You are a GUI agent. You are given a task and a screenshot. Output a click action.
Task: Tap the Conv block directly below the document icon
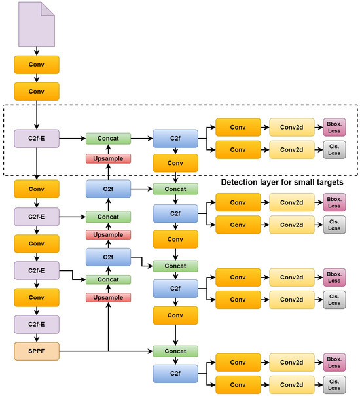(x=36, y=64)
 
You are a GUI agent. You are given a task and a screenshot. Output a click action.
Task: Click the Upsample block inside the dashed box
(x=108, y=159)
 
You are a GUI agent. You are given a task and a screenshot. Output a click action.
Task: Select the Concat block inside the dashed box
(x=108, y=138)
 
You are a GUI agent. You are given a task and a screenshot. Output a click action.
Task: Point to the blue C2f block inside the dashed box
(x=175, y=138)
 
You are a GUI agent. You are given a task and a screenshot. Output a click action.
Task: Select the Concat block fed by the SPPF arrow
(x=175, y=350)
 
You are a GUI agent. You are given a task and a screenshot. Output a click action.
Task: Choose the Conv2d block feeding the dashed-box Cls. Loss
(x=291, y=151)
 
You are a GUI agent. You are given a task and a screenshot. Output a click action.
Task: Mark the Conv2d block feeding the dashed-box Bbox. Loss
(x=291, y=126)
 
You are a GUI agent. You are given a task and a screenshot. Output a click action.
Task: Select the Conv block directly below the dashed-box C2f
(x=175, y=163)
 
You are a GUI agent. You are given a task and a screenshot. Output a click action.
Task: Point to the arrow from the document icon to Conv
(x=36, y=51)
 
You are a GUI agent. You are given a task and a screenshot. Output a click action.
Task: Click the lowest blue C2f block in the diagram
(x=175, y=373)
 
